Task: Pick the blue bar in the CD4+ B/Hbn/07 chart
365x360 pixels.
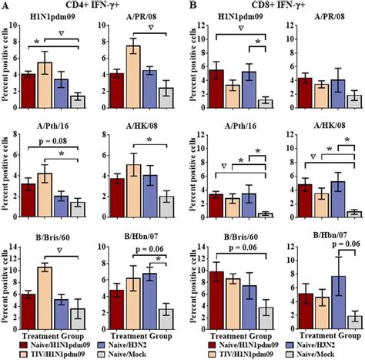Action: [152, 295]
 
